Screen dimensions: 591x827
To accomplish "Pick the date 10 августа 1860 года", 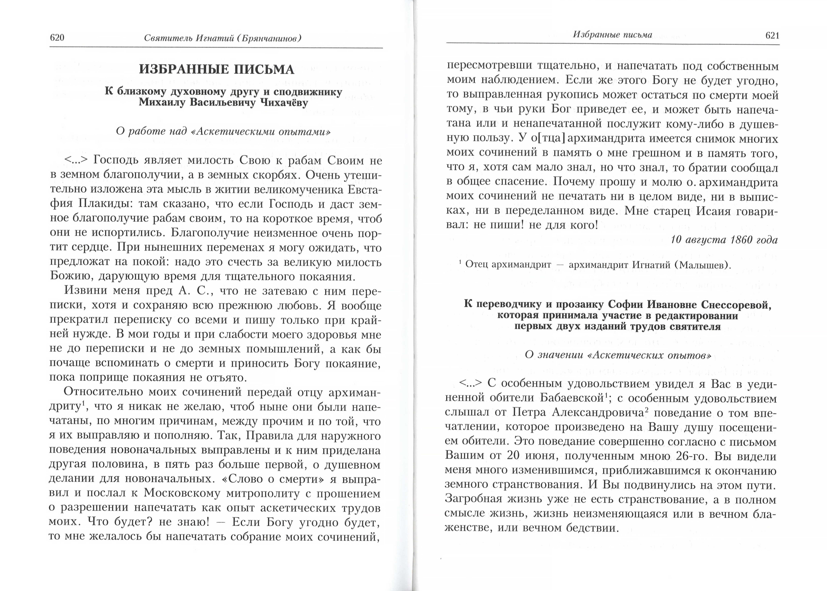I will tap(724, 240).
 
